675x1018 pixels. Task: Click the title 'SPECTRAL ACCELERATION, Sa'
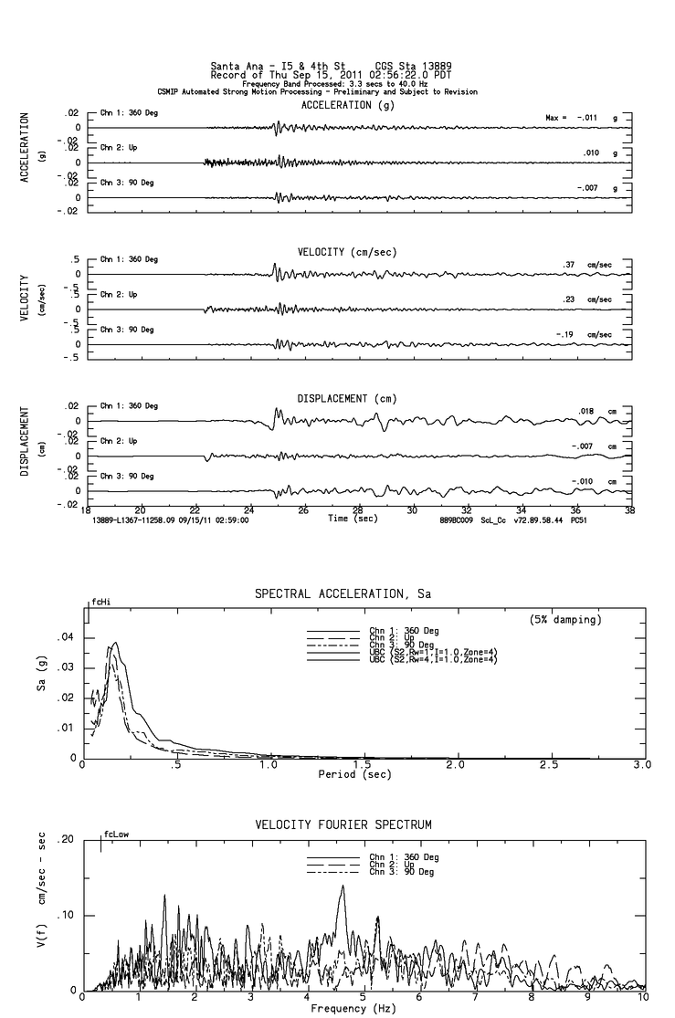pos(343,594)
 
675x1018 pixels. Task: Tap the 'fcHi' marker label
pos(100,603)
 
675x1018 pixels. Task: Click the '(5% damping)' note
pos(565,620)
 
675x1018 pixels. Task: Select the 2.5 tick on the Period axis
pos(549,764)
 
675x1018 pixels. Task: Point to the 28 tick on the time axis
pos(358,510)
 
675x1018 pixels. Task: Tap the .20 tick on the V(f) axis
pos(65,840)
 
